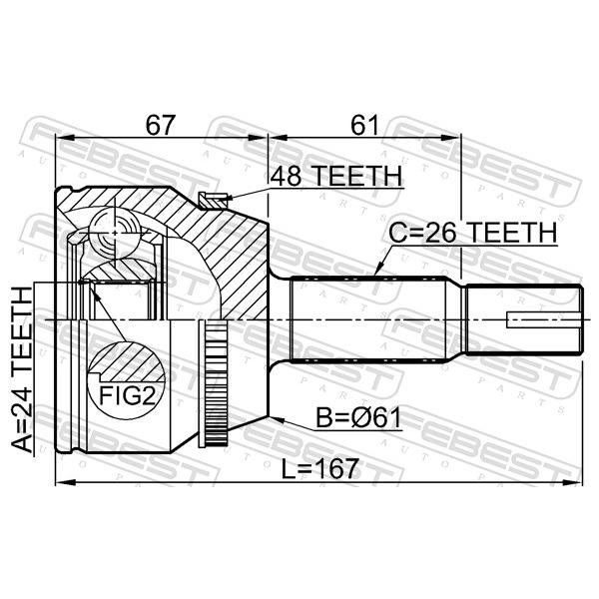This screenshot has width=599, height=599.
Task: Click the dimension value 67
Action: (x=161, y=125)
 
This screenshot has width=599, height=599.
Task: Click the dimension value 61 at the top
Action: (x=364, y=125)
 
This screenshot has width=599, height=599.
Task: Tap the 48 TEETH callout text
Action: (x=336, y=176)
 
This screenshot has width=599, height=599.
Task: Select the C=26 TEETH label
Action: (x=473, y=233)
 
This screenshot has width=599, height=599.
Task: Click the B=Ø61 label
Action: (x=358, y=417)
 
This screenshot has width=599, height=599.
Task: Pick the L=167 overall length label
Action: (x=320, y=469)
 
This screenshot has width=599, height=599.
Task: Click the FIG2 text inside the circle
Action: (x=127, y=396)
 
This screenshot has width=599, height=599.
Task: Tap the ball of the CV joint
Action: (x=114, y=232)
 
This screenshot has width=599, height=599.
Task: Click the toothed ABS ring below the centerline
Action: (x=213, y=383)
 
